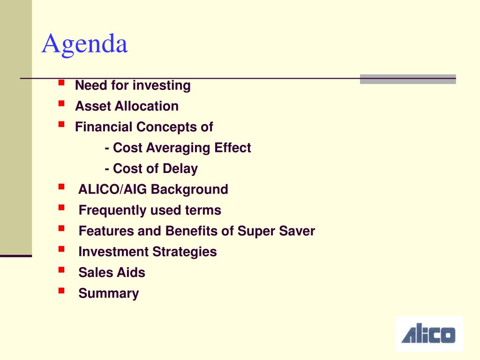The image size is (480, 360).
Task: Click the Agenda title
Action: tap(84, 45)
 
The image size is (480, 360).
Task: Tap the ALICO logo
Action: tap(429, 334)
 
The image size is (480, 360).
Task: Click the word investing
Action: tap(162, 85)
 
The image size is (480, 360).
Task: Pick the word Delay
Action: tap(180, 169)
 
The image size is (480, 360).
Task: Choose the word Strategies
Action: tap(185, 252)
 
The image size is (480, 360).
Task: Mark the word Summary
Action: tap(109, 293)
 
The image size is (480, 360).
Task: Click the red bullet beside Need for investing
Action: tap(61, 82)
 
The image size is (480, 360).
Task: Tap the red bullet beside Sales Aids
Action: tap(61, 270)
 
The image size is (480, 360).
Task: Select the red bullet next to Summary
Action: tap(61, 291)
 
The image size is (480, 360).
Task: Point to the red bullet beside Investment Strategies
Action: tap(61, 249)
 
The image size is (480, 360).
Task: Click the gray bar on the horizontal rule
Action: tap(408, 79)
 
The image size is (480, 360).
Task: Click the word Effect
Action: tap(232, 148)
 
